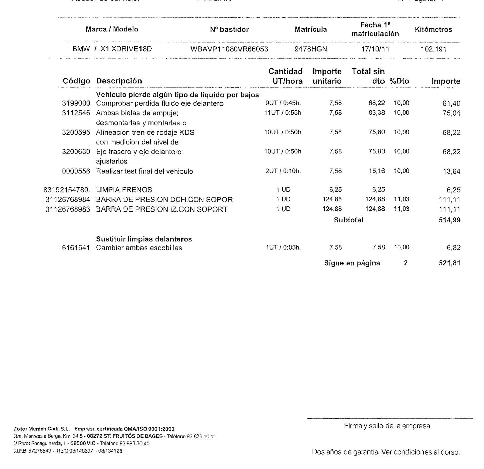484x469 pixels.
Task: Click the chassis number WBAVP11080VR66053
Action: tap(229, 49)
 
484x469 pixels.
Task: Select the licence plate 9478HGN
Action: tap(311, 49)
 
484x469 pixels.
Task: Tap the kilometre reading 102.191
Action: tap(434, 49)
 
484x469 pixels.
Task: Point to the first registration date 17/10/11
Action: tap(375, 49)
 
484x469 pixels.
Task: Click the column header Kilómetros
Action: tap(433, 29)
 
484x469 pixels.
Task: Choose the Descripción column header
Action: tap(119, 81)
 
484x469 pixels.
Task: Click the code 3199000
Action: tap(76, 103)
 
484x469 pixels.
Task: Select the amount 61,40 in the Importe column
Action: tap(451, 103)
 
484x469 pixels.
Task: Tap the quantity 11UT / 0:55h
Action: tap(283, 113)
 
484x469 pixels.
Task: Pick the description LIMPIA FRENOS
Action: tap(124, 190)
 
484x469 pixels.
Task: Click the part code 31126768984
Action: tap(68, 200)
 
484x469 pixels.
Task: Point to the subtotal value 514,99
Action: tap(449, 220)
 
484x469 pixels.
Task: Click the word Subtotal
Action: tap(349, 220)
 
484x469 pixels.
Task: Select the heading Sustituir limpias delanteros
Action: tap(144, 239)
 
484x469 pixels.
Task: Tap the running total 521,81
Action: tap(449, 263)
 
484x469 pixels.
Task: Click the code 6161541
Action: tap(76, 248)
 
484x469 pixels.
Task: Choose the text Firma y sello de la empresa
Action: tap(387, 426)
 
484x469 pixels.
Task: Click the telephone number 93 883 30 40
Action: tap(134, 443)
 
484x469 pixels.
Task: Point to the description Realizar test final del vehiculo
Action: tap(145, 171)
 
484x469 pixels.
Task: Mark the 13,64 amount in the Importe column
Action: tap(451, 171)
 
